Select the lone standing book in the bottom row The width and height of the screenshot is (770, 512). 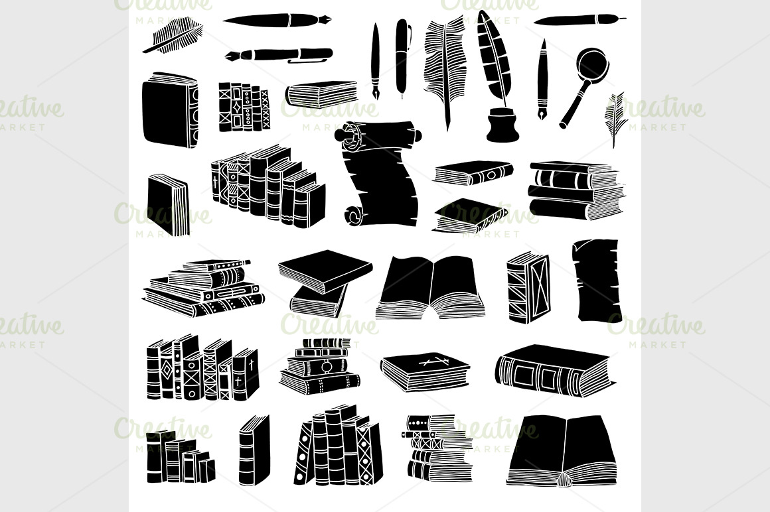coord(254,450)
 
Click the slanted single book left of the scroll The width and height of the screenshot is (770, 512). coord(168,204)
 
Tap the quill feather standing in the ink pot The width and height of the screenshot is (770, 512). coord(493,59)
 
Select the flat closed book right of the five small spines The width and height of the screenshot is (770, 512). coord(322,94)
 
